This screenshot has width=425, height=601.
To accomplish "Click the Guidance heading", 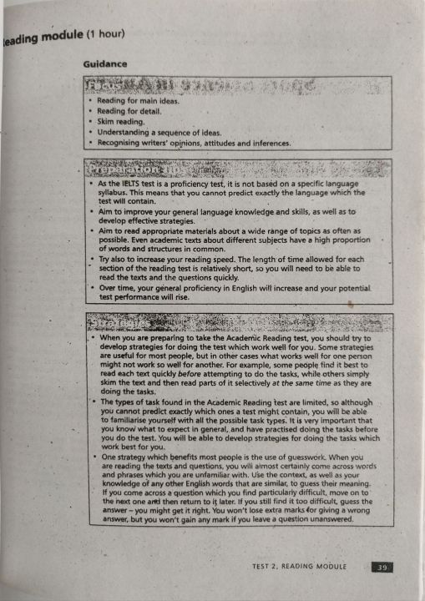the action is coord(105,64).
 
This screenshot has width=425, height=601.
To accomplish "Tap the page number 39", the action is coord(382,568).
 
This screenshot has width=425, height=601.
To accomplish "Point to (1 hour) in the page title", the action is coord(107,34).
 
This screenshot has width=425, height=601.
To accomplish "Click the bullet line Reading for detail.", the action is coord(128,111).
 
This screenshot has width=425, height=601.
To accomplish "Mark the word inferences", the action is coord(268,143).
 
